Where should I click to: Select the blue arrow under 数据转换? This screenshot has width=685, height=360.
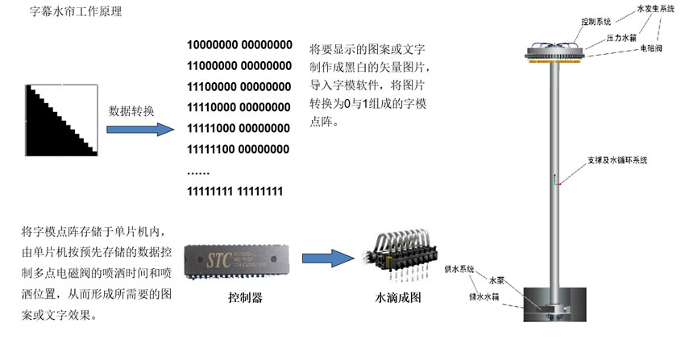pyautogui.click(x=138, y=130)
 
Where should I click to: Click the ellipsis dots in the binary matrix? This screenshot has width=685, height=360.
pyautogui.click(x=198, y=171)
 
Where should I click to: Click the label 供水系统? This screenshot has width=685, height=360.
pyautogui.click(x=460, y=269)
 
